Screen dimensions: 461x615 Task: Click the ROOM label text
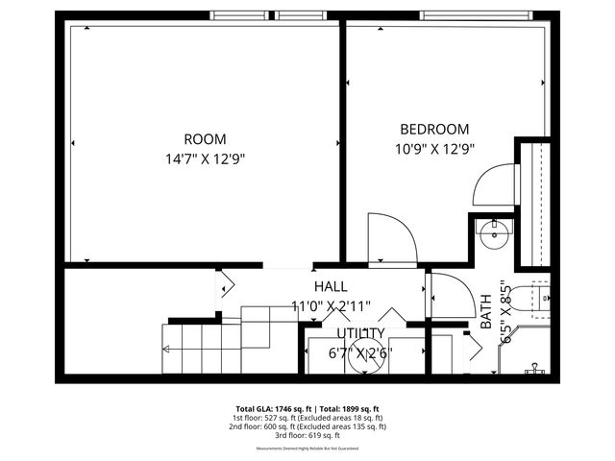(x=205, y=138)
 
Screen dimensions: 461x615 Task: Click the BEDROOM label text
(x=434, y=129)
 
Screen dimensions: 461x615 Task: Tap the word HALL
(x=331, y=286)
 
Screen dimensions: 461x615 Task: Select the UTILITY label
(x=360, y=333)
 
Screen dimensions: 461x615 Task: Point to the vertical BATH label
(x=485, y=311)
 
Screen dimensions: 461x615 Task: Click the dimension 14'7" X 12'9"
(x=205, y=159)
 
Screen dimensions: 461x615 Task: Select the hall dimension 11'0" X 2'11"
(x=332, y=306)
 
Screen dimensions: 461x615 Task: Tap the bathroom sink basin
(x=497, y=232)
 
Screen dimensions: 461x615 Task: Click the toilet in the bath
(x=534, y=301)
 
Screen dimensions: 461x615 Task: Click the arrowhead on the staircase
(x=166, y=349)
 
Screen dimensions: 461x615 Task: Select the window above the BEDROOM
(x=477, y=15)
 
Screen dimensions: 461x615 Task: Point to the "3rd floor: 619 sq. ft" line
(x=307, y=435)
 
